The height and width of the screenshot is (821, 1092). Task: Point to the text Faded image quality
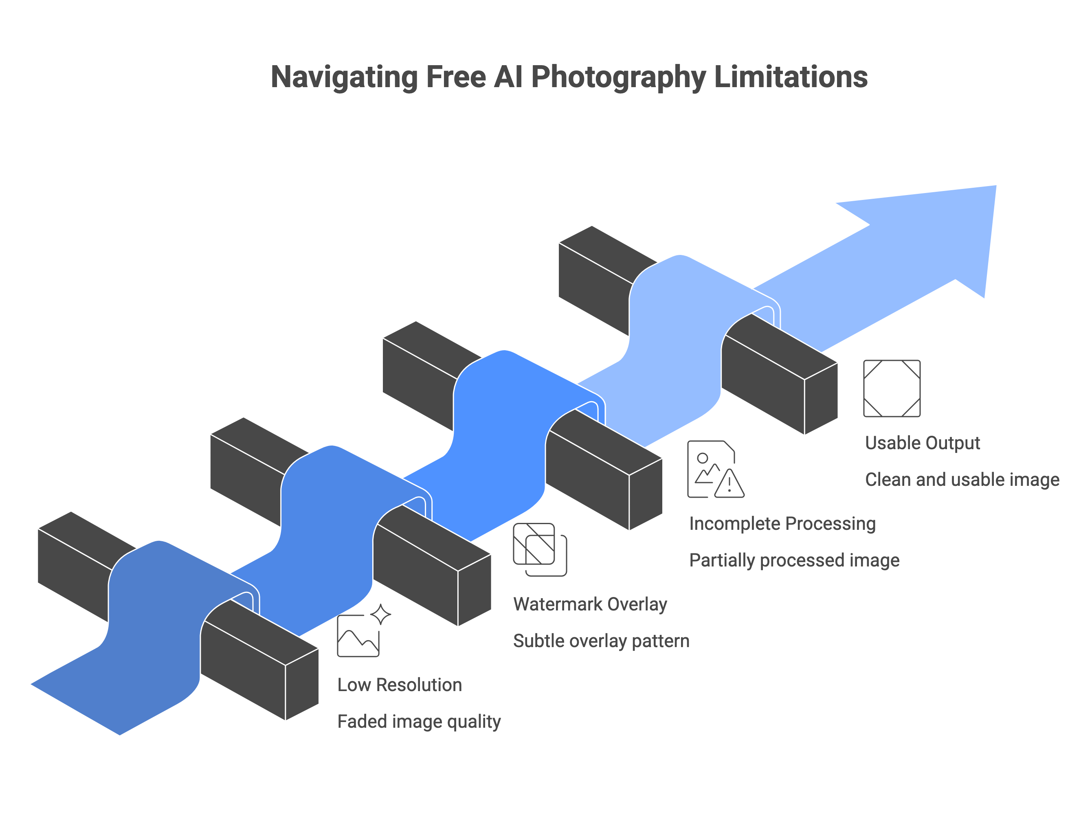click(x=419, y=722)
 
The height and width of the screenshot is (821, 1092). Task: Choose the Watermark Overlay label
click(x=590, y=604)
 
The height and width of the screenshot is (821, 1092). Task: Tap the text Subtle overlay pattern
click(x=601, y=641)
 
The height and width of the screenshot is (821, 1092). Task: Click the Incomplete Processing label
click(x=782, y=524)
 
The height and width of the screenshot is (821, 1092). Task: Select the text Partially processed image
click(x=794, y=560)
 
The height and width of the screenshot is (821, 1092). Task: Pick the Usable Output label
click(x=922, y=443)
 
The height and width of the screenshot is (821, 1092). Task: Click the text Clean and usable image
click(x=962, y=480)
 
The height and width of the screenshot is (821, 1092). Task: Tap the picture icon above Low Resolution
click(x=358, y=636)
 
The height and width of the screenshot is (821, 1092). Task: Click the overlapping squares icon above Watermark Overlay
click(x=540, y=549)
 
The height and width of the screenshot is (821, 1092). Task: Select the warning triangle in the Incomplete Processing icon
click(x=729, y=484)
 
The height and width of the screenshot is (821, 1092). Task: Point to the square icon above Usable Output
click(x=892, y=389)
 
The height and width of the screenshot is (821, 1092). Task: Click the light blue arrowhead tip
click(x=996, y=186)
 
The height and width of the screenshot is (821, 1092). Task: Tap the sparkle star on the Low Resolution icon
click(x=380, y=614)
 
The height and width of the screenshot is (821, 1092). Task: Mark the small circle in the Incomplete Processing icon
click(x=703, y=458)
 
